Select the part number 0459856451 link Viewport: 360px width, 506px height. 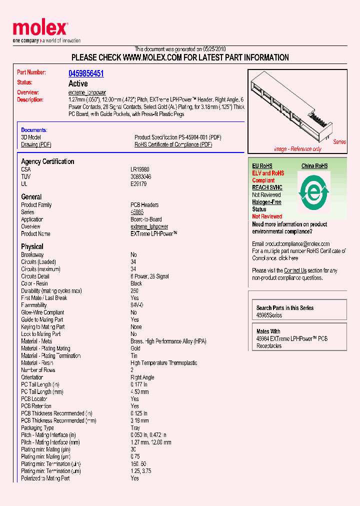[x=86, y=73]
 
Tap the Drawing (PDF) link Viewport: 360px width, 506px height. [x=36, y=144]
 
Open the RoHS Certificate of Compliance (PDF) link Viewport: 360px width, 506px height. [x=173, y=144]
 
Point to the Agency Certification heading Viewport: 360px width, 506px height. [x=47, y=161]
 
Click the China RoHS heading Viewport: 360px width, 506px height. [x=314, y=166]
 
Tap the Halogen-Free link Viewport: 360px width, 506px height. [x=266, y=202]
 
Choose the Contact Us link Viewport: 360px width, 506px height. [x=295, y=270]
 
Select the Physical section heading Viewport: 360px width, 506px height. [x=32, y=246]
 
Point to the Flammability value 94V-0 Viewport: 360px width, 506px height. [x=137, y=305]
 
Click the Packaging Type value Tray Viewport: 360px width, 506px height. [x=135, y=428]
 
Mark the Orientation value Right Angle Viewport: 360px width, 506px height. [x=142, y=377]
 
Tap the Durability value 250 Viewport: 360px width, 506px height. [x=134, y=290]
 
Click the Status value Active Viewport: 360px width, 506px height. [x=78, y=83]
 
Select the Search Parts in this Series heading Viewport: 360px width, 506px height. [x=285, y=308]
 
